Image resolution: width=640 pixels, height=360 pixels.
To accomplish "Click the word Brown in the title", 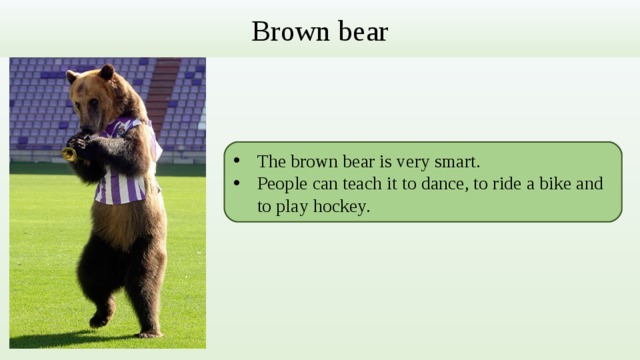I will (281, 32).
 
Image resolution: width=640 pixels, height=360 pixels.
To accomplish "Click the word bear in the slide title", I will (360, 32).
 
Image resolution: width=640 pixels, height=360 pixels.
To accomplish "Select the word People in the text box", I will (282, 184).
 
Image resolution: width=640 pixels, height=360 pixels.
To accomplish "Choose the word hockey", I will (339, 207).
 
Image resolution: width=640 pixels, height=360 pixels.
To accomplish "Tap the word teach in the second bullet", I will (356, 184).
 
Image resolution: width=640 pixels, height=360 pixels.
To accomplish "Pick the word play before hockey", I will (293, 207).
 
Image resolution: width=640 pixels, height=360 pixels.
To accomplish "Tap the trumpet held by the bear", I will (71, 153).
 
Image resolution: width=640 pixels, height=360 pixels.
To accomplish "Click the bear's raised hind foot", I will (100, 319).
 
